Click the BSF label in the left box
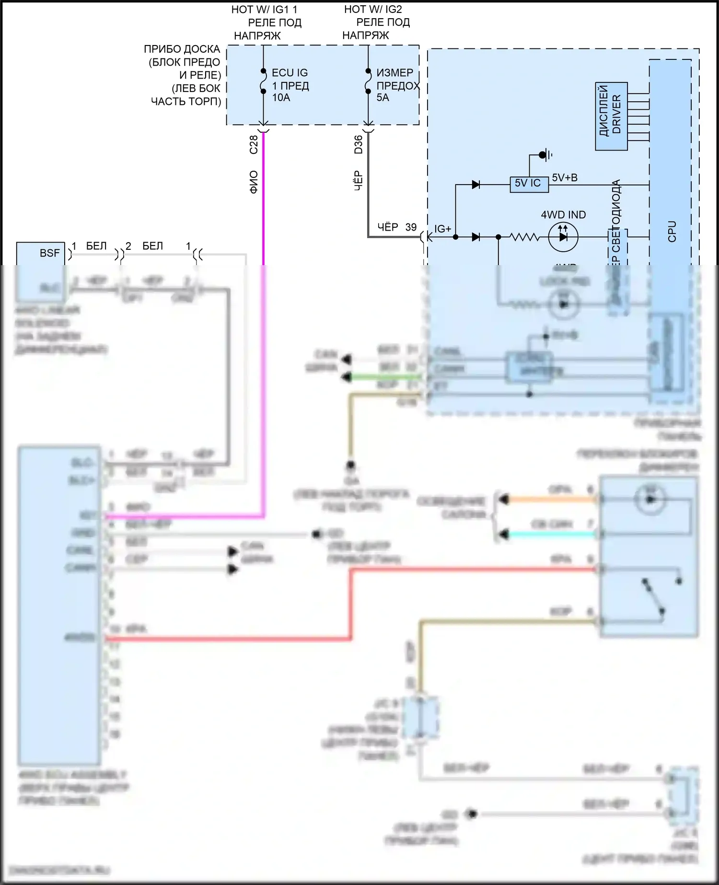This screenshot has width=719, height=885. point(49,253)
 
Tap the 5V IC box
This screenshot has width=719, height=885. point(528,183)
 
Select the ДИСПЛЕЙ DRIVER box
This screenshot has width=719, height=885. point(611,117)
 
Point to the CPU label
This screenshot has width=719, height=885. point(672,231)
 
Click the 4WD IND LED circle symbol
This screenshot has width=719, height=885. point(563,237)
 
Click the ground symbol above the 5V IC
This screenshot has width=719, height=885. point(544,155)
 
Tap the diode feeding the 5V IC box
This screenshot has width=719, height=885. point(475,185)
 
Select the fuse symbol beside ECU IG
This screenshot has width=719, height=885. point(263,81)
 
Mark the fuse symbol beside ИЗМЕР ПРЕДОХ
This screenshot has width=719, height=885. point(368,81)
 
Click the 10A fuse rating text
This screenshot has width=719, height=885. point(281,98)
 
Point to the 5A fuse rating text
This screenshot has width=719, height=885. point(383,98)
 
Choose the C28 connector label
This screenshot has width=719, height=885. point(254,144)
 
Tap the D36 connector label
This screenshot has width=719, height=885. point(358,144)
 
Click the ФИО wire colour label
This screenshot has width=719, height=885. point(254,182)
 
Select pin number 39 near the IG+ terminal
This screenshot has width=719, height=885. point(411,227)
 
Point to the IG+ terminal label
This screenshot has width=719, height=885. point(442,229)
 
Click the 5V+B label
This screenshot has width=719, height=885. point(565,178)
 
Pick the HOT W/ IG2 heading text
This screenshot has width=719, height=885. point(373,9)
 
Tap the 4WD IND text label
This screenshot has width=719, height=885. point(563,215)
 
